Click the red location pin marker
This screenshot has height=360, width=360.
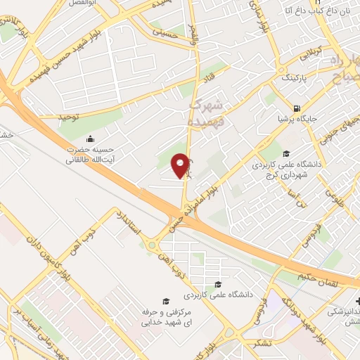181,166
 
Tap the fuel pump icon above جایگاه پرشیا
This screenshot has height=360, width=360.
296,108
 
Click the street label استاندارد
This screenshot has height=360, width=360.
131,223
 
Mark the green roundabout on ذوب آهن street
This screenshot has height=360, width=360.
150,245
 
